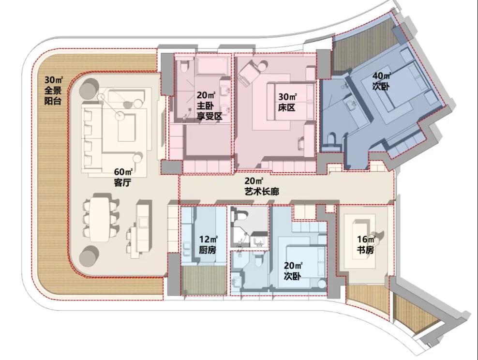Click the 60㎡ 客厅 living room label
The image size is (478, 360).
123,178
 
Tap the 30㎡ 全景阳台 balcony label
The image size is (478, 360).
53,90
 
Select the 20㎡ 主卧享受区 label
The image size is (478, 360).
209,106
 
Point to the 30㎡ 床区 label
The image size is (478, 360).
287,102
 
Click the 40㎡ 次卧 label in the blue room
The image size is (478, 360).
382,81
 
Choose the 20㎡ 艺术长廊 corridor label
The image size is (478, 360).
262,186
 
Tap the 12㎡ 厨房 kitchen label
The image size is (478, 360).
208,245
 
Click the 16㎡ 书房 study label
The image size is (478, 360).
366,245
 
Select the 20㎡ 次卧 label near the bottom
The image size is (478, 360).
293,270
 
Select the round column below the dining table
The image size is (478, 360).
89,255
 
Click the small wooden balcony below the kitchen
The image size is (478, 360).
204,281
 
